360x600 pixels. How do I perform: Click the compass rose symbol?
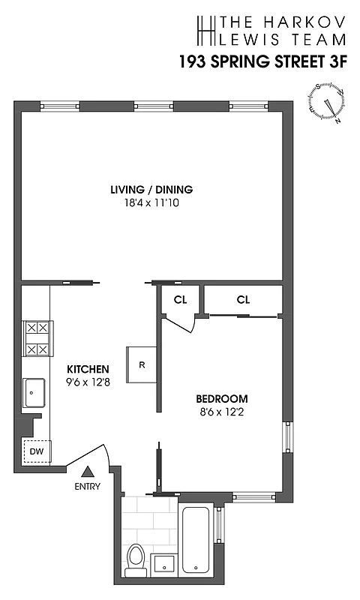point(328,103)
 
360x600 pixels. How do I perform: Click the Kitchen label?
point(88,369)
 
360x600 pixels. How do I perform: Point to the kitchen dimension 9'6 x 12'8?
point(88,382)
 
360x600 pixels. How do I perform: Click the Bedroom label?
point(222,398)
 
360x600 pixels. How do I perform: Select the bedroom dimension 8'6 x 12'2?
point(222,412)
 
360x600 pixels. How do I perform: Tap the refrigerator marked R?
point(141,365)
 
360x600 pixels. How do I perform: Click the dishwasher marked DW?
point(36,452)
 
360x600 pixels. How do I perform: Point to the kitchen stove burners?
point(36,338)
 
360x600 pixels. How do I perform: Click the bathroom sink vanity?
point(163,563)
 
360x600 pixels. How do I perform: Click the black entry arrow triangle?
point(88,472)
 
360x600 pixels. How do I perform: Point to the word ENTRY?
point(88,487)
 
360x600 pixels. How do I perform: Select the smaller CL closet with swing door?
point(180,299)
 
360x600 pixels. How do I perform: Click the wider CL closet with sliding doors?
point(242,299)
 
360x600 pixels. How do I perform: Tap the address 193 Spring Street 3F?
point(262,62)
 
